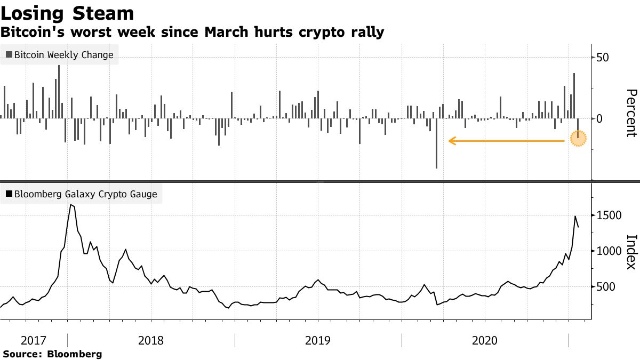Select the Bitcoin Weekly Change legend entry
pos(60,55)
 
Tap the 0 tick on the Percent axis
pos(599,118)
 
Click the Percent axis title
pos(630,113)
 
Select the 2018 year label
pos(151,340)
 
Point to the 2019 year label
pos(318,340)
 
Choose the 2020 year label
pos(485,340)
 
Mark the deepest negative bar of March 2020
pos(436,167)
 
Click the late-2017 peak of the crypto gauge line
pos(71,205)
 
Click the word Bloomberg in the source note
pos(75,354)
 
